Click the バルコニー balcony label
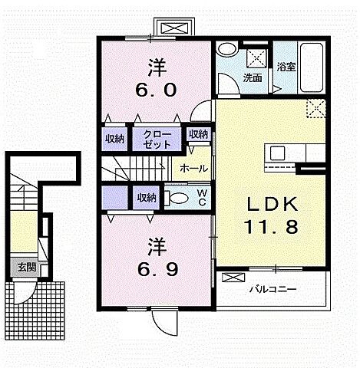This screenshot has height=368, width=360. [x=272, y=290]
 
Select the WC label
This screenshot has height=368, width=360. [x=201, y=198]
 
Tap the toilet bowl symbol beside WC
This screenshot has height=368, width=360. [x=177, y=198]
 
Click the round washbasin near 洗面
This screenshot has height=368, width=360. [x=226, y=49]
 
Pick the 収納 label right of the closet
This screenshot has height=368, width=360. [x=198, y=134]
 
